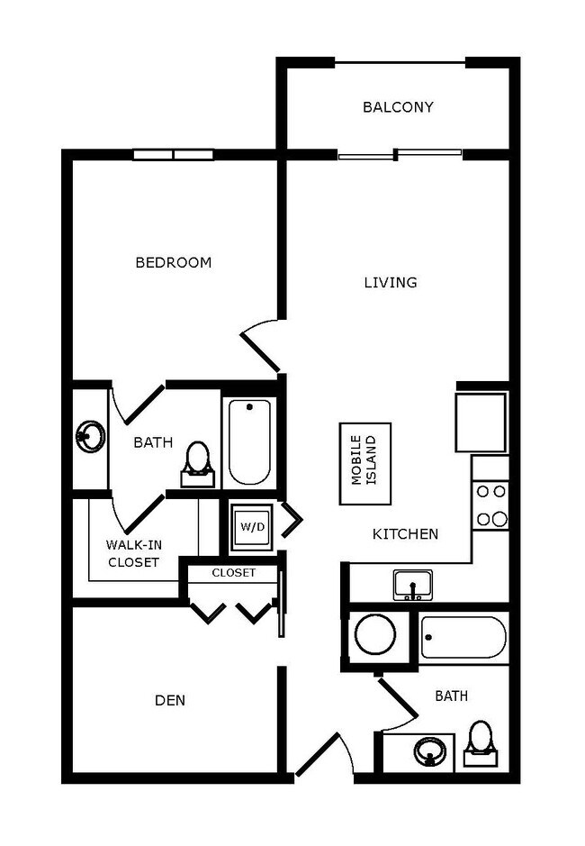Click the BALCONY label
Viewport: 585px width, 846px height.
[398, 107]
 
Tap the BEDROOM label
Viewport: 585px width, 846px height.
[174, 263]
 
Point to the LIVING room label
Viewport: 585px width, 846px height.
[391, 283]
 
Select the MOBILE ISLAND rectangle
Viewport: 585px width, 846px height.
[364, 463]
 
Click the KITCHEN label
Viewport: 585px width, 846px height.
[406, 534]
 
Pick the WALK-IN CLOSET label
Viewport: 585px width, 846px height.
[133, 553]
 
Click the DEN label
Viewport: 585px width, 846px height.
[170, 700]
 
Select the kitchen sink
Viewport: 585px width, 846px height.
[413, 584]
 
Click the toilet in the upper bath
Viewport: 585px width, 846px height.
[197, 462]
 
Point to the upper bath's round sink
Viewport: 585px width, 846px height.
[90, 437]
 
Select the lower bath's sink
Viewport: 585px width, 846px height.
[430, 750]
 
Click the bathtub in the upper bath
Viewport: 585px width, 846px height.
[249, 441]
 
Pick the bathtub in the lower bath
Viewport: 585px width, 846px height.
[463, 638]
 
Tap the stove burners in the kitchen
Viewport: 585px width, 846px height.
[491, 505]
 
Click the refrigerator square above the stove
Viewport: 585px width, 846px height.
[481, 422]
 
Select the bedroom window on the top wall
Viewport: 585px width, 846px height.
[174, 155]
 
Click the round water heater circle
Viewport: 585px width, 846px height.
[374, 635]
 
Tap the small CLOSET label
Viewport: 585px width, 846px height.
[234, 573]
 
